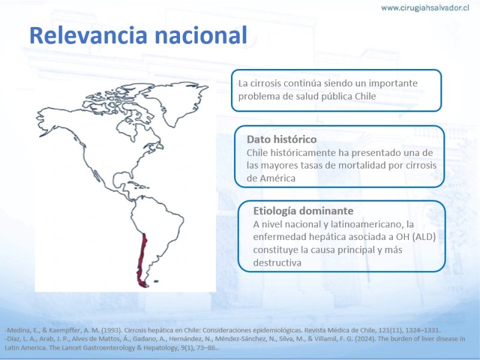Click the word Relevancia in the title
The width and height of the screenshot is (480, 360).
[x=88, y=35]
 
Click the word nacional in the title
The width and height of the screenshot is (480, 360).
[x=201, y=35]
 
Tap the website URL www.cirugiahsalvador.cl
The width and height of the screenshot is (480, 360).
[x=425, y=8]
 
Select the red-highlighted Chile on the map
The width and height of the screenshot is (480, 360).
[x=142, y=260]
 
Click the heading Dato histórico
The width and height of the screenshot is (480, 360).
[x=281, y=139]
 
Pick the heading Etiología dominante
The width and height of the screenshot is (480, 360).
[x=303, y=211]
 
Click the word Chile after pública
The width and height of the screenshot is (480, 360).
[x=365, y=96]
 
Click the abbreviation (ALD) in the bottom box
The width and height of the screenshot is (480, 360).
[x=424, y=237]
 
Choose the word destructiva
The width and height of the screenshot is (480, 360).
[x=277, y=263]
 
